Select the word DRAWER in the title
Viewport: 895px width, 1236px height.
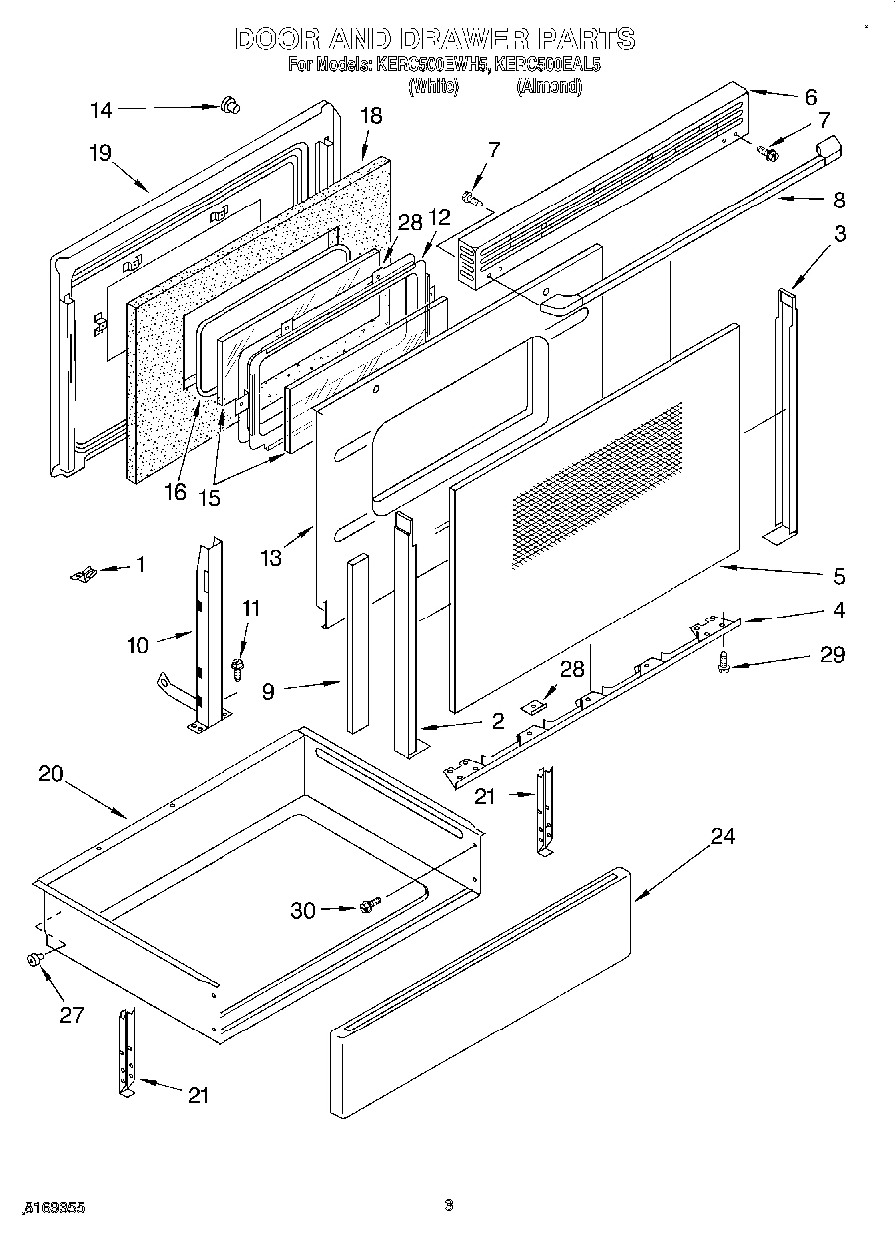click(x=454, y=39)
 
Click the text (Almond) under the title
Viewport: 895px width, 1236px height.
click(x=548, y=87)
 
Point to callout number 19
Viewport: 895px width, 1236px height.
click(x=99, y=153)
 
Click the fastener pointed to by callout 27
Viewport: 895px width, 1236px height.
click(x=35, y=960)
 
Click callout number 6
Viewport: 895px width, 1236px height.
click(x=809, y=97)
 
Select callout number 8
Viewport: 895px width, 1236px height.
click(x=838, y=200)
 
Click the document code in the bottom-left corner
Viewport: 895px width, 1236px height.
click(x=51, y=1206)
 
